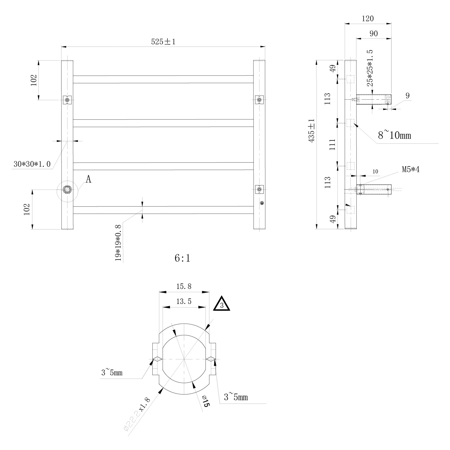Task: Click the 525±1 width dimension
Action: [x=163, y=41]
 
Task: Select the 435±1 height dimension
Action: [x=311, y=130]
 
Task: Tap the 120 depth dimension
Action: [x=368, y=19]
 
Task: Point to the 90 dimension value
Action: [x=373, y=33]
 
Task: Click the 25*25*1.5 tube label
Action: [x=371, y=68]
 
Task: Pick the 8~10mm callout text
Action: [x=394, y=135]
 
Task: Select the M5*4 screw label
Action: [x=411, y=169]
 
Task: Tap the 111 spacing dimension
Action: [x=332, y=145]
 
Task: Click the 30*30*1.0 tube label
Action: [x=32, y=164]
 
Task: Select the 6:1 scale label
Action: [x=182, y=258]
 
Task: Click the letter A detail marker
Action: [x=88, y=179]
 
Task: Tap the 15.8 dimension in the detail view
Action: [x=184, y=286]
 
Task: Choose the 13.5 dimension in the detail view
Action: [x=184, y=301]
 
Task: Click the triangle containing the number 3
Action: [x=221, y=304]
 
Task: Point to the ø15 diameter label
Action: [x=206, y=401]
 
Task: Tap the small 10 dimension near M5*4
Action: [x=375, y=172]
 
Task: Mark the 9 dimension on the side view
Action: [x=407, y=96]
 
